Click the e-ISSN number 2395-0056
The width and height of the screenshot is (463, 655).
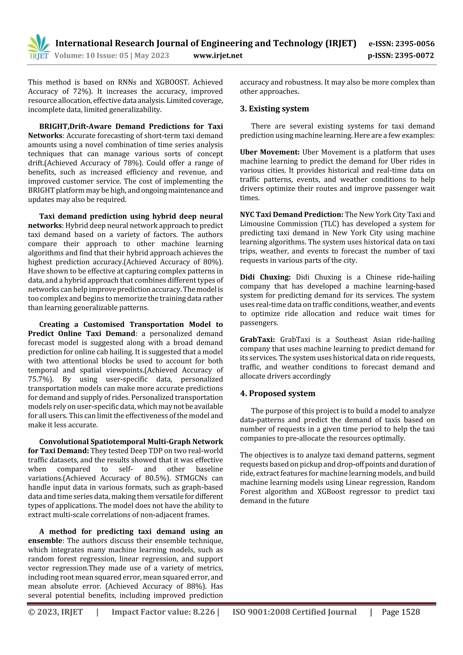[415, 44]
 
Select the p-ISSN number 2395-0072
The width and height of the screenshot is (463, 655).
[414, 55]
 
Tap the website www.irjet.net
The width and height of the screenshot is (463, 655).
[218, 55]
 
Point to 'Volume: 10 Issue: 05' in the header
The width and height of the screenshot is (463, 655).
[91, 55]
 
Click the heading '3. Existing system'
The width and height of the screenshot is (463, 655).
[274, 109]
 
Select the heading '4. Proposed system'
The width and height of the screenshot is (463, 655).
[278, 393]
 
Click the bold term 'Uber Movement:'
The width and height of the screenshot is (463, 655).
[269, 152]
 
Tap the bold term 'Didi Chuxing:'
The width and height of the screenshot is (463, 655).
[265, 277]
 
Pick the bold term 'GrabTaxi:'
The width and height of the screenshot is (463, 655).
[257, 339]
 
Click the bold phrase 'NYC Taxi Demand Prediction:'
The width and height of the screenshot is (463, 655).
[291, 215]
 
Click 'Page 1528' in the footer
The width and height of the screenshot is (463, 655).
[401, 612]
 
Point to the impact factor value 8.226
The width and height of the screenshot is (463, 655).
[204, 612]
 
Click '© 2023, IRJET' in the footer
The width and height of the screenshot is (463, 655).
[55, 612]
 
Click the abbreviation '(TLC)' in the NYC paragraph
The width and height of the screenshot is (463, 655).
[330, 224]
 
